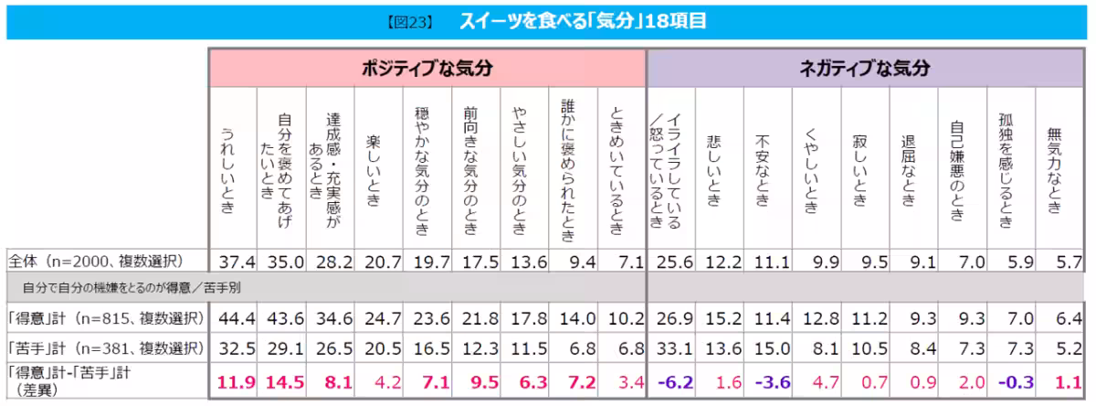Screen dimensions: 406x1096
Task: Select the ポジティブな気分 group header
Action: (427, 69)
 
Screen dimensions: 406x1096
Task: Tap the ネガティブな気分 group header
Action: (864, 69)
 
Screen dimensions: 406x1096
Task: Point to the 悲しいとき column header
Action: (713, 168)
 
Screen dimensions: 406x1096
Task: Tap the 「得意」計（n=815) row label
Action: (102, 317)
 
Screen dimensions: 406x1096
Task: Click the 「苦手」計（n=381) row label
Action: (102, 348)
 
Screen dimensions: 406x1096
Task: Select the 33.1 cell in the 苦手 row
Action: (669, 348)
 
